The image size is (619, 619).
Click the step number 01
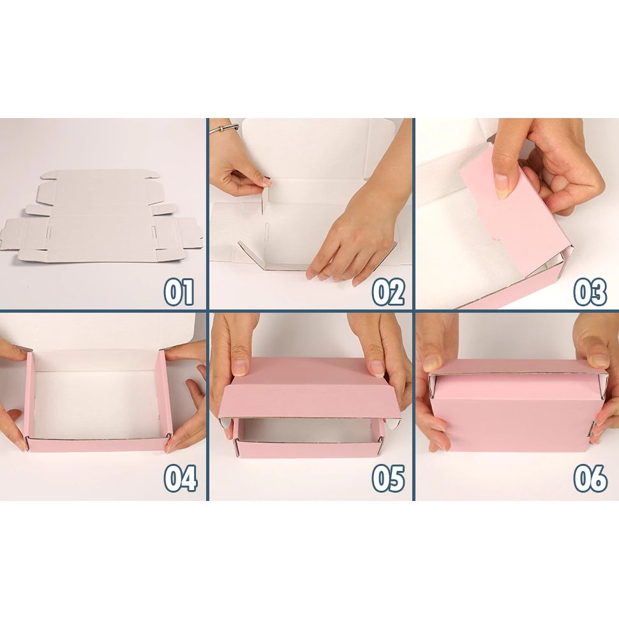(x=179, y=292)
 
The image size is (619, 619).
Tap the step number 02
(x=388, y=292)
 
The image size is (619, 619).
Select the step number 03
(x=590, y=292)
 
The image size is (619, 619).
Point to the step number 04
(x=181, y=478)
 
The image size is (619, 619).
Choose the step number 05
(x=388, y=478)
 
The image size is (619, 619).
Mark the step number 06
(x=590, y=478)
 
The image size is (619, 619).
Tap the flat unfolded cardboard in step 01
(x=102, y=216)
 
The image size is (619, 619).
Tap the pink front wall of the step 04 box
(x=98, y=445)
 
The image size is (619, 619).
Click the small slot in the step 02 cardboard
(x=267, y=229)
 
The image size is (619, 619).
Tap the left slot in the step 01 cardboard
(x=49, y=232)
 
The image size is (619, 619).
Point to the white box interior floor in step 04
(x=97, y=403)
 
